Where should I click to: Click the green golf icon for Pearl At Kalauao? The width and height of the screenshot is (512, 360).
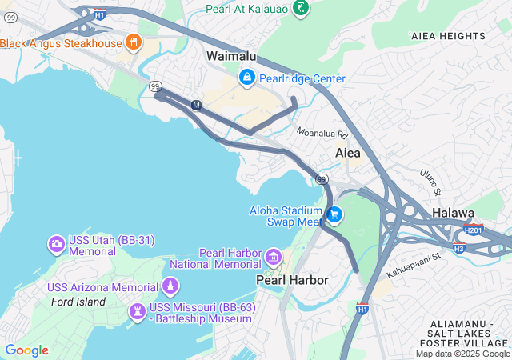click(301, 9)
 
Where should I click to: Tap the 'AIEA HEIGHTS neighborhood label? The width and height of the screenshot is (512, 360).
click(446, 36)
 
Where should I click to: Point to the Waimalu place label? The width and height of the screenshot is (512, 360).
click(231, 56)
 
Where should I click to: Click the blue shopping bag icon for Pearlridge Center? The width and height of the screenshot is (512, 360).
click(246, 78)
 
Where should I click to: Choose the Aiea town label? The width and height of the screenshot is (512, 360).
click(347, 152)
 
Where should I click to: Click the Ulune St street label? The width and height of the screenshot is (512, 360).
click(431, 182)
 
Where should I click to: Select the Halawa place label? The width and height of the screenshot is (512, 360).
click(454, 213)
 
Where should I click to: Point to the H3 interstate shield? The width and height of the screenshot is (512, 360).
click(459, 248)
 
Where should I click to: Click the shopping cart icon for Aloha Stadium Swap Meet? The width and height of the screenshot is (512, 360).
click(334, 214)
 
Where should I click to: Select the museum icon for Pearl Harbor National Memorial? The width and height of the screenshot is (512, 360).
click(274, 257)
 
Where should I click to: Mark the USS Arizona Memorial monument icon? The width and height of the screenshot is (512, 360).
click(170, 286)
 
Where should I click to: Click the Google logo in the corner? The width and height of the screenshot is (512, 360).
click(26, 350)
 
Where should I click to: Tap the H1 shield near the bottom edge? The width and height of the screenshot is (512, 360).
click(362, 308)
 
